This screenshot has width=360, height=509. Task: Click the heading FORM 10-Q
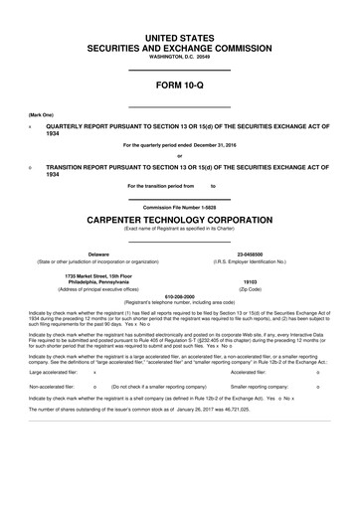pos(179,89)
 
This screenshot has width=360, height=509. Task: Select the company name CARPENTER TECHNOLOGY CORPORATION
pos(179,219)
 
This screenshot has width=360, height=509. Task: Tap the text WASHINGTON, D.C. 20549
pos(179,57)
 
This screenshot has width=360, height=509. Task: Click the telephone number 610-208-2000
pos(179,295)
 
